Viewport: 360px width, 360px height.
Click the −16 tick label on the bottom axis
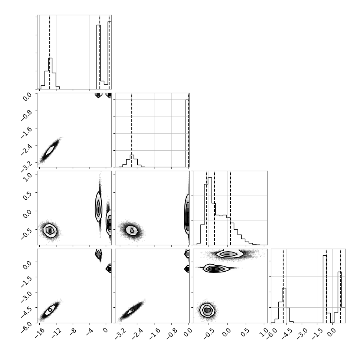pos(40,333)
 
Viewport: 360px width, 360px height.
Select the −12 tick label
pos(56,333)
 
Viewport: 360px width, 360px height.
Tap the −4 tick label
pos(90,332)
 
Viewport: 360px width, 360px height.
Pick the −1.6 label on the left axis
pos(26,132)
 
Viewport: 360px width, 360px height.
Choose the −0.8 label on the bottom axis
pos(171,333)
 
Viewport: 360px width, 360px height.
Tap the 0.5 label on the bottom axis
pos(245,332)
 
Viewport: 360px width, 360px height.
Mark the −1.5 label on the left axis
pos(26,281)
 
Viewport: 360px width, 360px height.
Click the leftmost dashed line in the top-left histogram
pos(50,52)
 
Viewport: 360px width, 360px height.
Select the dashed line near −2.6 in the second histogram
pos(131,130)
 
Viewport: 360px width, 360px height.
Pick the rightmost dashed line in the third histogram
pos(230,208)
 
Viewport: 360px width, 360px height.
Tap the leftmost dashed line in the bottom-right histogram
pos(283,286)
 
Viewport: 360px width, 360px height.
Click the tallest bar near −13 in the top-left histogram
pos(50,73)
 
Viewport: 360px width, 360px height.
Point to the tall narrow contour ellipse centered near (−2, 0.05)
pos(98,207)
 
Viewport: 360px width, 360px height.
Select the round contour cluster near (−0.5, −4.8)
pos(207,310)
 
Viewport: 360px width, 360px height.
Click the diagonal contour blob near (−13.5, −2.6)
pos(50,150)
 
